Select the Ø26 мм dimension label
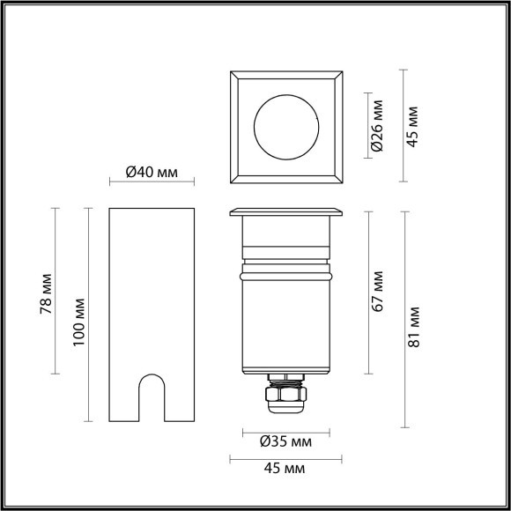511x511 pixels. point(377,128)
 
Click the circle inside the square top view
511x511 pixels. point(285,128)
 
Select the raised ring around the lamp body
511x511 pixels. point(285,274)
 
